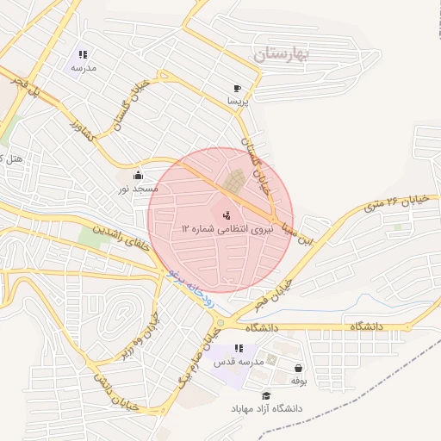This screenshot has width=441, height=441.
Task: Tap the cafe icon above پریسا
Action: click(x=237, y=88)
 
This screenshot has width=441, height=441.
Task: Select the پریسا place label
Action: click(x=237, y=101)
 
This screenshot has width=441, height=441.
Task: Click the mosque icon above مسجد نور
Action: click(x=138, y=175)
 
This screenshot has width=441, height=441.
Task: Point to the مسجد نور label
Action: click(x=138, y=188)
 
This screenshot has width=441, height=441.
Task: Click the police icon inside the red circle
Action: click(x=227, y=214)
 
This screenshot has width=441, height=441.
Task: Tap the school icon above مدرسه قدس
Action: click(x=239, y=348)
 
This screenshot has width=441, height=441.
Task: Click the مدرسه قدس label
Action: click(x=239, y=361)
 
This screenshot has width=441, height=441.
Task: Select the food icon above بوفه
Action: click(x=298, y=368)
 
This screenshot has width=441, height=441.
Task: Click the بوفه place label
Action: click(x=298, y=380)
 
